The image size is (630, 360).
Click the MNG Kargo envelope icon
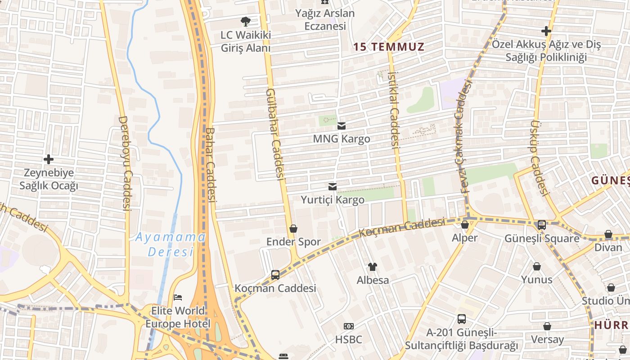pyautogui.click(x=342, y=126)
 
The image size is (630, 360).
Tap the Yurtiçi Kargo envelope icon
pyautogui.click(x=333, y=187)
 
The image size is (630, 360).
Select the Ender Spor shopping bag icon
pyautogui.click(x=293, y=229)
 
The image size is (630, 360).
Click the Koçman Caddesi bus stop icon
pyautogui.click(x=275, y=274)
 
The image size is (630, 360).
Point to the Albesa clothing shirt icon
pyautogui.click(x=372, y=267)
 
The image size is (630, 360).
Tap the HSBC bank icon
pyautogui.click(x=348, y=326)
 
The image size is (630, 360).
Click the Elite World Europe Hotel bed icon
pyautogui.click(x=178, y=297)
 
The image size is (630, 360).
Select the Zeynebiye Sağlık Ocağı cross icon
pyautogui.click(x=49, y=159)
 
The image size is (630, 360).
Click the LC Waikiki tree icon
pyautogui.click(x=245, y=21)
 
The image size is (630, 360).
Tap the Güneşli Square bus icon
pyautogui.click(x=542, y=225)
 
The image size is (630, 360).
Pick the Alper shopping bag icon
pyautogui.click(x=465, y=224)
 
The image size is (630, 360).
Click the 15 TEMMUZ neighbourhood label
pyautogui.click(x=389, y=47)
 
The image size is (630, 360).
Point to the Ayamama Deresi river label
pyautogui.click(x=171, y=244)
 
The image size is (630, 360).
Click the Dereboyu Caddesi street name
pyautogui.click(x=125, y=163)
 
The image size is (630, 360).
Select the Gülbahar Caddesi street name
pyautogui.click(x=275, y=134)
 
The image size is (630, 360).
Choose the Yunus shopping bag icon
pyautogui.click(x=537, y=266)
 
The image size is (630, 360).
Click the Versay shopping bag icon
pyautogui.click(x=547, y=326)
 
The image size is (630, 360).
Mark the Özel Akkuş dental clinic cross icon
pyautogui.click(x=546, y=31)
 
